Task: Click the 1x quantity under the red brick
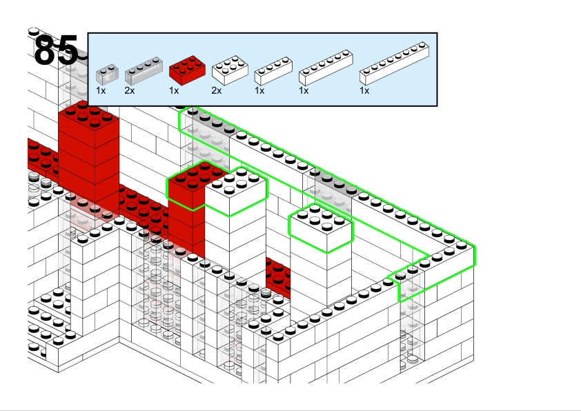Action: [x=174, y=90]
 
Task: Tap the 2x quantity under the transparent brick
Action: [x=130, y=90]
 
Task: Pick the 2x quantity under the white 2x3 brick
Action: [x=217, y=90]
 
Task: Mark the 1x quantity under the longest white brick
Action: [x=364, y=90]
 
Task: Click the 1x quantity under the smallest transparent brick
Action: [x=101, y=90]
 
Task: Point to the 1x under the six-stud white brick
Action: [x=304, y=90]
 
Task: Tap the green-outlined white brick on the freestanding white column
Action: [x=320, y=229]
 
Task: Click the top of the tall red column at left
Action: [x=88, y=116]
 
